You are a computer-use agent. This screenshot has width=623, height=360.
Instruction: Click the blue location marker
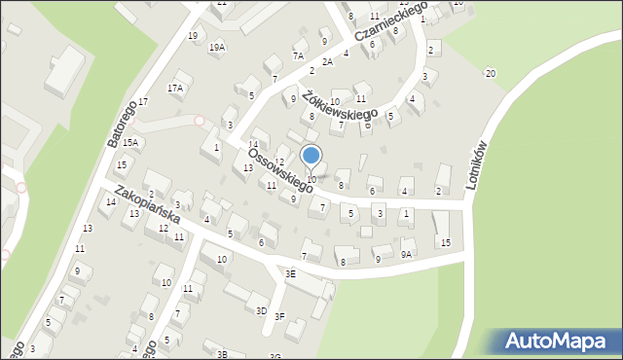(x=311, y=156)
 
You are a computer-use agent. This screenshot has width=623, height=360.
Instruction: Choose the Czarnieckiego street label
(x=391, y=22)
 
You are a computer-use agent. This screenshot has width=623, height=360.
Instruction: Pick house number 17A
(x=175, y=88)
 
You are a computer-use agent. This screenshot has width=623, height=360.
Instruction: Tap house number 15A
(x=130, y=143)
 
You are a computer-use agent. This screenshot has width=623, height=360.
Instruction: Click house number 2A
(x=328, y=62)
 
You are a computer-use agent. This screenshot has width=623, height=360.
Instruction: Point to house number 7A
(x=298, y=56)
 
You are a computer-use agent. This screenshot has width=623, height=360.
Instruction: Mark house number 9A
(x=406, y=254)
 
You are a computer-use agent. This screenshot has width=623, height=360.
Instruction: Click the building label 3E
(x=290, y=274)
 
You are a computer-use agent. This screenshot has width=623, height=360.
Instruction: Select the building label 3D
(x=261, y=310)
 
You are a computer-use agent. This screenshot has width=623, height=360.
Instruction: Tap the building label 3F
(x=279, y=316)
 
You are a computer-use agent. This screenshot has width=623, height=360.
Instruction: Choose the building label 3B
(x=222, y=354)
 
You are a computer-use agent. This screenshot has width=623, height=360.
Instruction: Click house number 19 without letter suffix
(x=193, y=36)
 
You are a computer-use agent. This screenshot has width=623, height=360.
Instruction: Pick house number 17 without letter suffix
(x=142, y=102)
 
